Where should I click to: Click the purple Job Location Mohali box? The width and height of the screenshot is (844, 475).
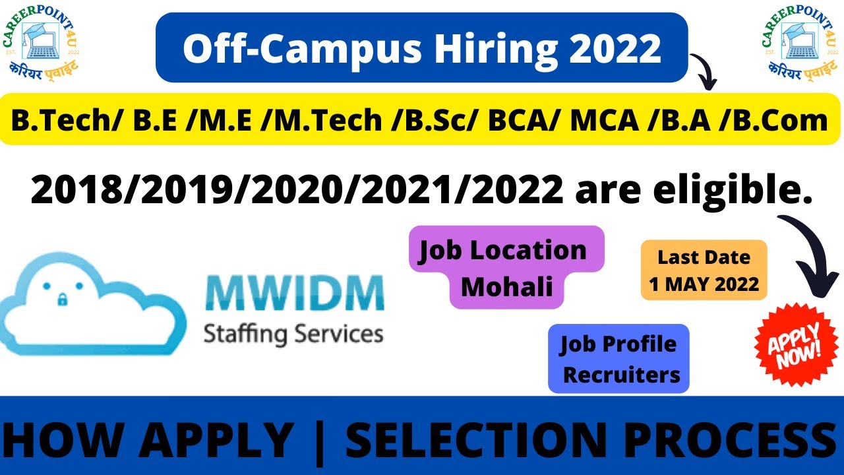coord(506,267)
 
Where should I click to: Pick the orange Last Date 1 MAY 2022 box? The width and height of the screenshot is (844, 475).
coord(704,270)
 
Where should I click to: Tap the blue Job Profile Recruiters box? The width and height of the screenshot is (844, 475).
coord(618,359)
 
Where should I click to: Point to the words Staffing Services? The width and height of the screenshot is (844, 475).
coord(293,332)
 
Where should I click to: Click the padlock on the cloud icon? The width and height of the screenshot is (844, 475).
coord(63,300)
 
